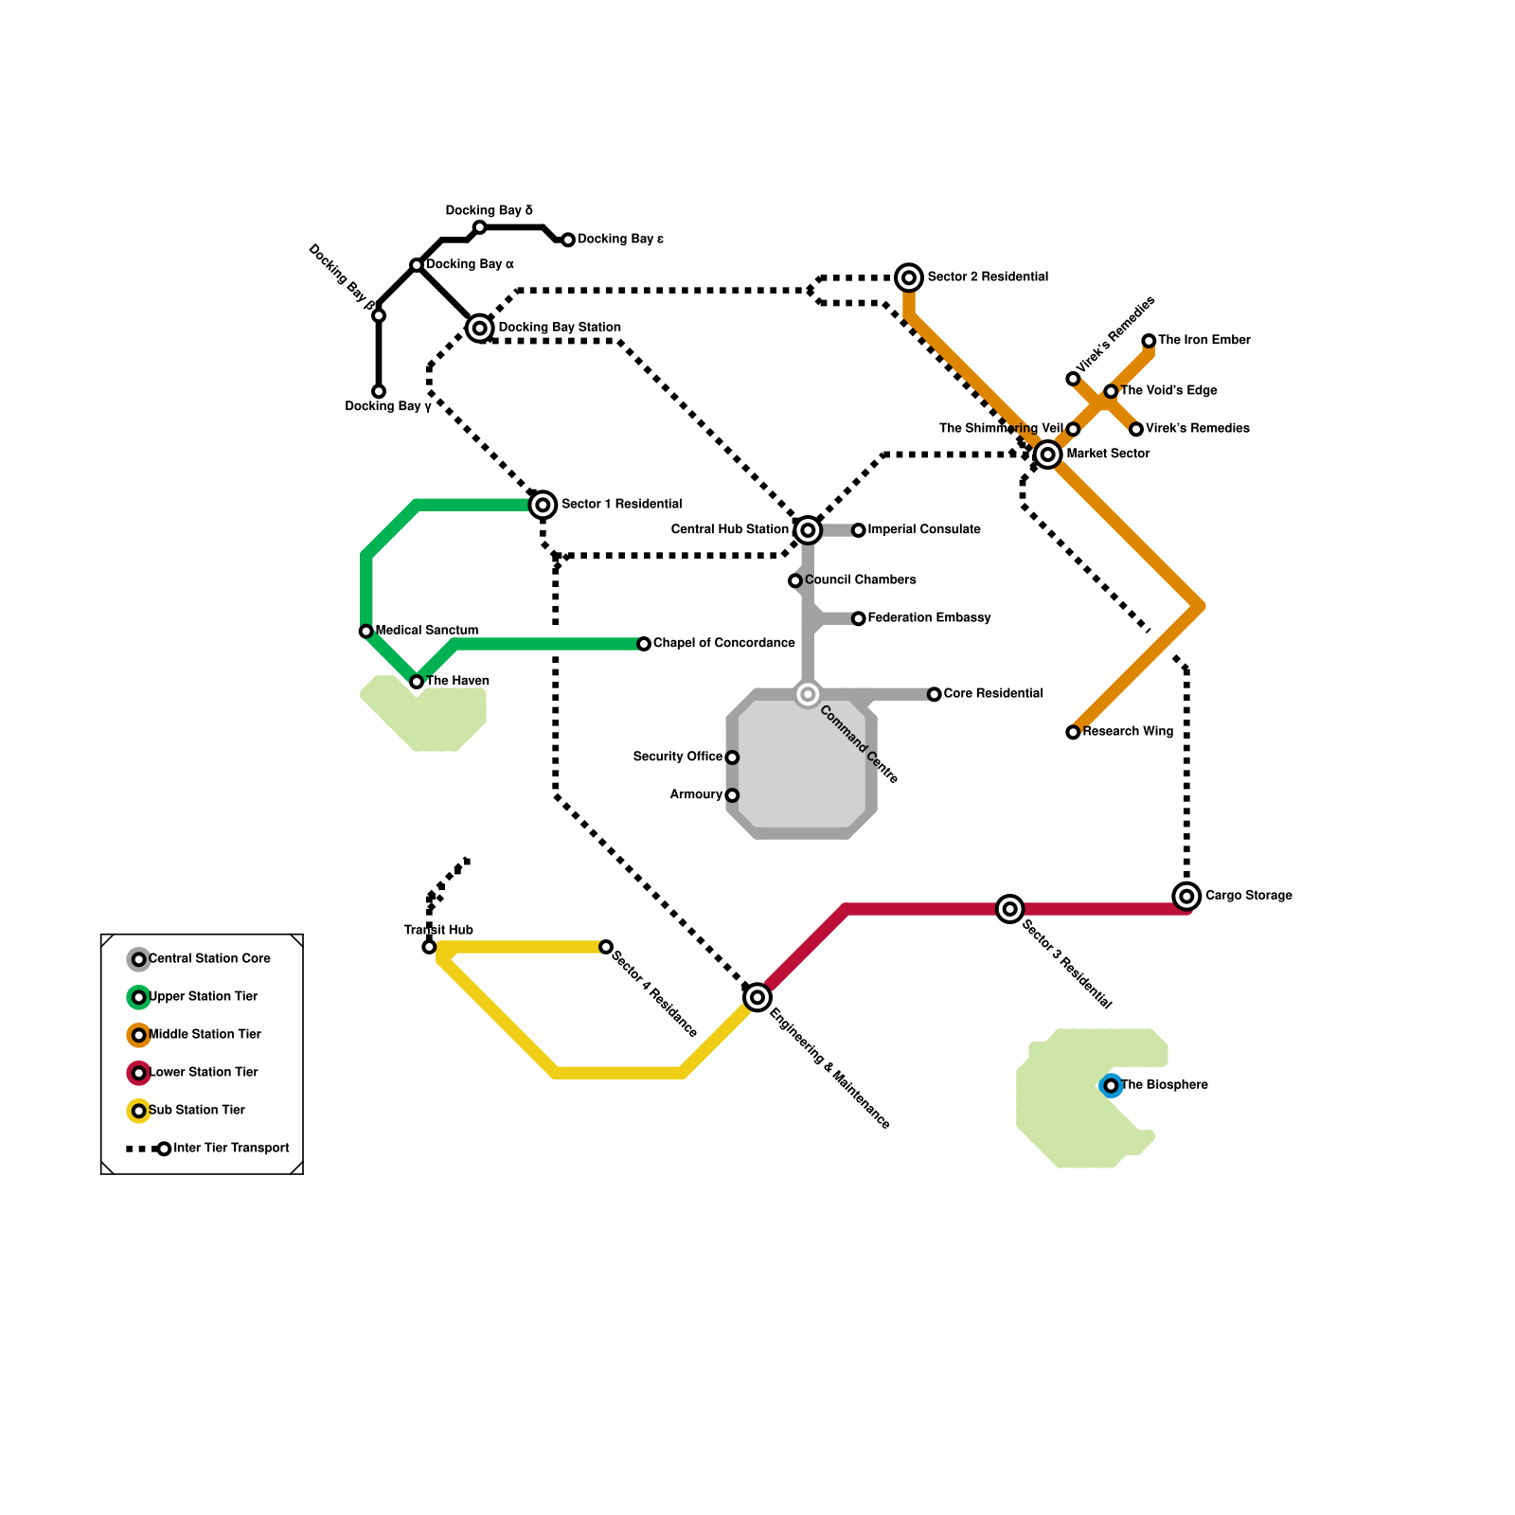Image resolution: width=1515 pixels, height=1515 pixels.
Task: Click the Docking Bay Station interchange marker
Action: pos(480,329)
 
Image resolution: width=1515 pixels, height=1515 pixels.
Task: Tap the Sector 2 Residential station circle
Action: pos(909,277)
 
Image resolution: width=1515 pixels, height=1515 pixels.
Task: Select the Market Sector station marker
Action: pos(1047,454)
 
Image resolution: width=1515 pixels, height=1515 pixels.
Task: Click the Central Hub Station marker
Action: pos(808,530)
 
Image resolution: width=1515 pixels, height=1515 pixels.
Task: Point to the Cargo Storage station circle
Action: pos(1186,896)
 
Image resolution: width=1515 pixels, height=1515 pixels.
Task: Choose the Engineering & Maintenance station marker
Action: pos(757,997)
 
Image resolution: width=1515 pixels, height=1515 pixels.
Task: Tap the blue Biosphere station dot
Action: pos(1111,1085)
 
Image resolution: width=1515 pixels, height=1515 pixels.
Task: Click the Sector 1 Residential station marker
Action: pos(543,505)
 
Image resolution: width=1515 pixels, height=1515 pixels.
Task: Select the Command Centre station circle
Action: pos(808,695)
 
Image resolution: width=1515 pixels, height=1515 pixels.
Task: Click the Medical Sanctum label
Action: pos(426,630)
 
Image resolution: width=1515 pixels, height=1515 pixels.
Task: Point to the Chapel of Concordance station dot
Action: pos(644,644)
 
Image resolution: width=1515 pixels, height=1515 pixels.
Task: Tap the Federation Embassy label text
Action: pos(929,617)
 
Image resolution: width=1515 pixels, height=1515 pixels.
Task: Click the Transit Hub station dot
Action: pos(429,947)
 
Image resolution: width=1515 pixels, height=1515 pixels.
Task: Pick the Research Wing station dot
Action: pos(1073,732)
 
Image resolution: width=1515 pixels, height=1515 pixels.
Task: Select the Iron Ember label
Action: pos(1203,340)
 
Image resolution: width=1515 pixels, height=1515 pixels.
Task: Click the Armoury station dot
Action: pos(732,795)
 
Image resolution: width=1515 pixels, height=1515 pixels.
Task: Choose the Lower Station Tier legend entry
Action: pos(203,1072)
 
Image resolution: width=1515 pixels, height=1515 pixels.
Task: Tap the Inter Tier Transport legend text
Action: pos(231,1148)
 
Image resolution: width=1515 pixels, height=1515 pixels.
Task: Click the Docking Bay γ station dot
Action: pos(379,391)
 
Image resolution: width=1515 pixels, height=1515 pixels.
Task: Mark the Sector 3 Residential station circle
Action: pos(1010,909)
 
